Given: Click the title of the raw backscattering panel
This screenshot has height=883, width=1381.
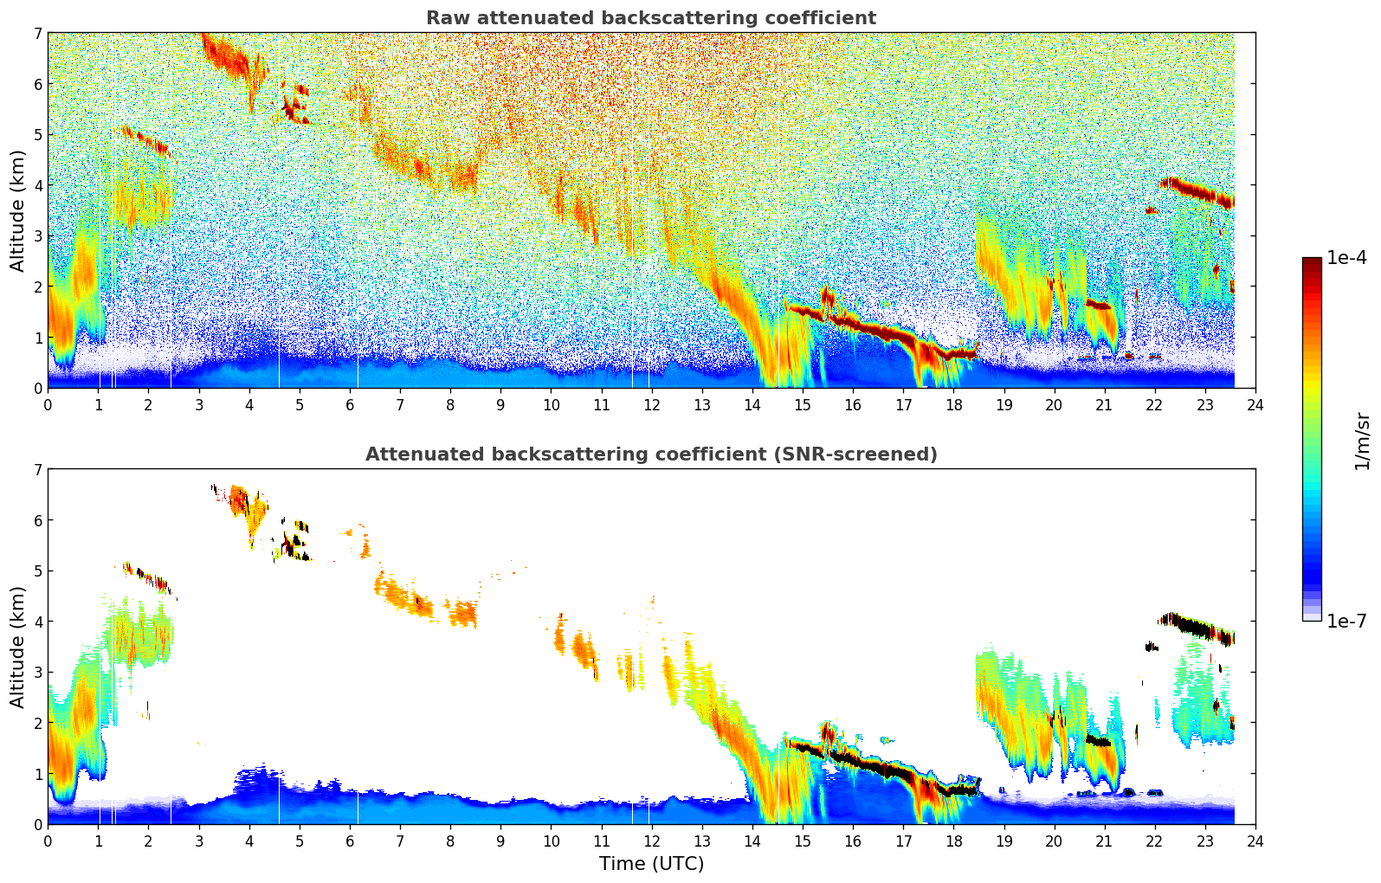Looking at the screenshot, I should [x=650, y=18].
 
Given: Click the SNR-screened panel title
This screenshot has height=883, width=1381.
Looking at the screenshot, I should [x=650, y=454].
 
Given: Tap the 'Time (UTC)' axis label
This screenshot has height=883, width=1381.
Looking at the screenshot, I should [x=651, y=864].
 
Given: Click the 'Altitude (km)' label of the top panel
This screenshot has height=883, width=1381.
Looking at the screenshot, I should [x=18, y=210].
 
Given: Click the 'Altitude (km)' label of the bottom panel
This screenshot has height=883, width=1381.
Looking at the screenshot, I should [x=18, y=647].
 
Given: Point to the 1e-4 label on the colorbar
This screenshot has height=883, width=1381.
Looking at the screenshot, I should [x=1346, y=258].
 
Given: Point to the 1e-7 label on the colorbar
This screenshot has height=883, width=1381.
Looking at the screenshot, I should [x=1346, y=621].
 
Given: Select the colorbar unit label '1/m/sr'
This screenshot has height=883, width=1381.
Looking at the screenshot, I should [x=1362, y=441].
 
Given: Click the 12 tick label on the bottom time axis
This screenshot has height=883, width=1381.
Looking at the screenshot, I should [x=651, y=841].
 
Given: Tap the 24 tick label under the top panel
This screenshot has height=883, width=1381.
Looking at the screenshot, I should [x=1255, y=405].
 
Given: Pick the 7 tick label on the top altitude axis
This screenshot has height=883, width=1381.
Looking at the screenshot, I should [x=38, y=34].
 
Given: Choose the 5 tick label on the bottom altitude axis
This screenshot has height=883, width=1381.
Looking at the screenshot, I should [x=38, y=571].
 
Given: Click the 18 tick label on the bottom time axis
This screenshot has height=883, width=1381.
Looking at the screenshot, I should [x=953, y=841].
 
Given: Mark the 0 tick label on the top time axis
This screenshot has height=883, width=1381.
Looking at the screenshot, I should [x=48, y=405].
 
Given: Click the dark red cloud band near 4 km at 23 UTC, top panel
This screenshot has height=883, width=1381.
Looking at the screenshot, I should [x=1199, y=190].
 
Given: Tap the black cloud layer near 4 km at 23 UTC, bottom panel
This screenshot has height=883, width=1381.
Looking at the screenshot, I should [x=1199, y=626].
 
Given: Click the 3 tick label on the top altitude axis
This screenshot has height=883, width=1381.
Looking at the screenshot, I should [x=38, y=236].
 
